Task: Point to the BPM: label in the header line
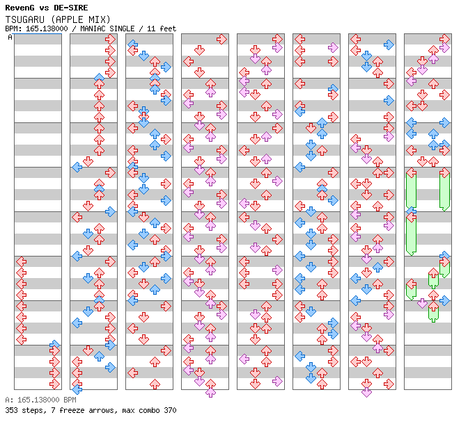[x=13, y=29]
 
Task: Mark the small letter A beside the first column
[x=10, y=38]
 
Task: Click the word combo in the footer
[x=150, y=410]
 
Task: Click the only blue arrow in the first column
[x=54, y=345]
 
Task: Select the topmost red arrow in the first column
[x=21, y=261]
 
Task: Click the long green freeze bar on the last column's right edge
[x=444, y=190]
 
